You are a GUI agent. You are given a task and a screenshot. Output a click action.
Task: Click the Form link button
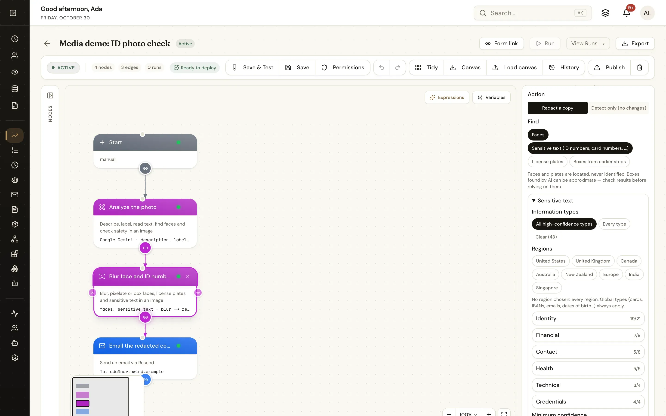pyautogui.click(x=501, y=43)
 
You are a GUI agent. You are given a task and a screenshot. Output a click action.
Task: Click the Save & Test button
pyautogui.click(x=252, y=67)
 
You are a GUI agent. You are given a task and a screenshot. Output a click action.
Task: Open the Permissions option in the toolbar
pyautogui.click(x=343, y=67)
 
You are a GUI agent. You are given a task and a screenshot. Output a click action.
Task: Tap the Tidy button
pyautogui.click(x=426, y=67)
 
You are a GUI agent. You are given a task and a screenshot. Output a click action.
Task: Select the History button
pyautogui.click(x=564, y=67)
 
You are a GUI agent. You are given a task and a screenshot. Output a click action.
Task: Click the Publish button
pyautogui.click(x=609, y=67)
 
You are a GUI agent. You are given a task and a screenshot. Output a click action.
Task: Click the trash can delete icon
pyautogui.click(x=640, y=67)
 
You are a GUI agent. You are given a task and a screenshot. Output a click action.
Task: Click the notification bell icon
pyautogui.click(x=627, y=13)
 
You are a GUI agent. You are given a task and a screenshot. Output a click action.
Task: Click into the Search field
pyautogui.click(x=533, y=13)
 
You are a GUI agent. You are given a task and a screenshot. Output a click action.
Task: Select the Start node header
pyautogui.click(x=145, y=142)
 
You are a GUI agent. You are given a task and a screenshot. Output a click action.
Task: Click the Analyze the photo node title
pyautogui.click(x=133, y=207)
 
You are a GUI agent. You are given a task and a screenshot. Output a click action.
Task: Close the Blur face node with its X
pyautogui.click(x=188, y=276)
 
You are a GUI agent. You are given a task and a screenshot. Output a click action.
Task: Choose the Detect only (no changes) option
pyautogui.click(x=618, y=108)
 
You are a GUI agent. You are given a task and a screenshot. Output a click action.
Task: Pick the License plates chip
pyautogui.click(x=547, y=162)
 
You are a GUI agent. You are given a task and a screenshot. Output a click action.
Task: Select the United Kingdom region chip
pyautogui.click(x=593, y=261)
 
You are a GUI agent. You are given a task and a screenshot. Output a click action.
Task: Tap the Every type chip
pyautogui.click(x=614, y=224)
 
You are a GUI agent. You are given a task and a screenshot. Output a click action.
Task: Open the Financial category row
pyautogui.click(x=588, y=335)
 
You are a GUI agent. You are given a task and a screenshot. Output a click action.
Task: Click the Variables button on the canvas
pyautogui.click(x=491, y=97)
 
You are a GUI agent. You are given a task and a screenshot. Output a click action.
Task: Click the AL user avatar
pyautogui.click(x=647, y=13)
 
